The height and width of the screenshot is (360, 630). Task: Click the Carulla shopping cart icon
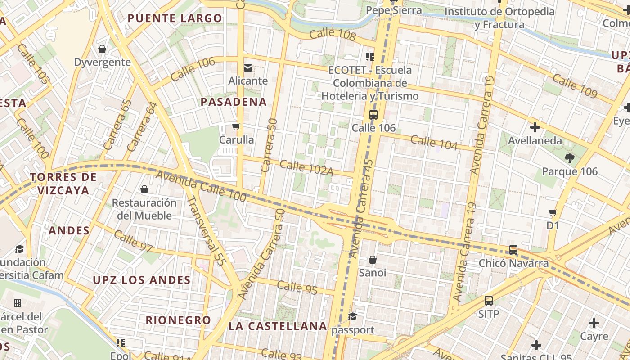point(236,127)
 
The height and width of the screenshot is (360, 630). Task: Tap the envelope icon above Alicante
point(248,68)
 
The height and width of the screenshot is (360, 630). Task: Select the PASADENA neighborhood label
point(234,102)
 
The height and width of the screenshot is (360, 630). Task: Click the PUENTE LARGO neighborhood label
point(175,18)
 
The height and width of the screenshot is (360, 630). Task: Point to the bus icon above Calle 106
point(373,114)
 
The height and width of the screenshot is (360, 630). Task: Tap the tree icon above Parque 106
point(569,158)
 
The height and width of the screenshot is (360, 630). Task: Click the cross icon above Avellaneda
point(535,127)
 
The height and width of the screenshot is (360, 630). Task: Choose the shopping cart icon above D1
point(553,212)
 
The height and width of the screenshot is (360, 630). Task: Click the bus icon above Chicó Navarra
point(513,250)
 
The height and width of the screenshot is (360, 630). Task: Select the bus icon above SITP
point(489,300)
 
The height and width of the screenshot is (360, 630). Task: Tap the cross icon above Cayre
point(594,323)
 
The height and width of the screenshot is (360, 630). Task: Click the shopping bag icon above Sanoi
point(373,260)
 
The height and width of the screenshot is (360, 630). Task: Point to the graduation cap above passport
point(353,316)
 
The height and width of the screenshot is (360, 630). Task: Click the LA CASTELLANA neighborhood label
point(278,326)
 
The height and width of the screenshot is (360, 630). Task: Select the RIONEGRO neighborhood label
point(178,320)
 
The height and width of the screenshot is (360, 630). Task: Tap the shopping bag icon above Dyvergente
point(102,49)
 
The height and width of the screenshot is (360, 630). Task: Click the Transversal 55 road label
point(206,230)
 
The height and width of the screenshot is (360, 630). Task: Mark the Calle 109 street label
point(575,86)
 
